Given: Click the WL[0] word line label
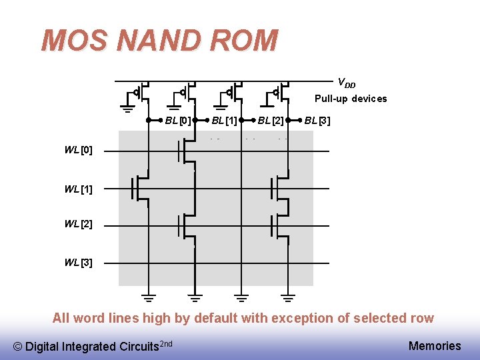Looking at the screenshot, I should coord(78,150).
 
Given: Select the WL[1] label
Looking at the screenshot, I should coord(78,189).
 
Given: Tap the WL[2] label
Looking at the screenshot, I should coord(78,224).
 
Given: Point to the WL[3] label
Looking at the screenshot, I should coord(78,262).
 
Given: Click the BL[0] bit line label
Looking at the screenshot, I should coord(178,121).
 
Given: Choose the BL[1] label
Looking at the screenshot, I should coord(225,121).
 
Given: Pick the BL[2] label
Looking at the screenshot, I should coord(271,121).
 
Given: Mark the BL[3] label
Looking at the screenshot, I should coord(317,121).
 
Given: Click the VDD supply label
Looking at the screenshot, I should coord(346,83).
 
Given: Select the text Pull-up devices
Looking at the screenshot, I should coord(351,99).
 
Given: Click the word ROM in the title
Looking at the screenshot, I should coord(243,41).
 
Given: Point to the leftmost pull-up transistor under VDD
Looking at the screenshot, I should coord(142,93).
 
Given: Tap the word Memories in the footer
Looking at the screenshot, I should coord(434,345).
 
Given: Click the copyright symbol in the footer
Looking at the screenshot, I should coord(18,346).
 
